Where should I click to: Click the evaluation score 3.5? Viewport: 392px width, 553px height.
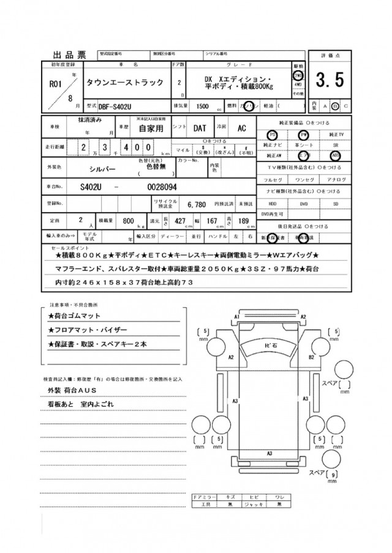click(330, 81)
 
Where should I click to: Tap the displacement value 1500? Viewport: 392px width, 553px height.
click(198, 105)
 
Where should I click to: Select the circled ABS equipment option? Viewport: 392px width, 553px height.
click(334, 155)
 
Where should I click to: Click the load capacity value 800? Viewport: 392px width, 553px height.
click(128, 221)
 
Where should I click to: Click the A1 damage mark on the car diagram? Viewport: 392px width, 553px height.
click(236, 316)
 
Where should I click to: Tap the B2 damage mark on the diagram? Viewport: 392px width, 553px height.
click(311, 356)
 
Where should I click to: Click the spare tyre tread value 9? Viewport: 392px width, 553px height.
click(333, 475)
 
